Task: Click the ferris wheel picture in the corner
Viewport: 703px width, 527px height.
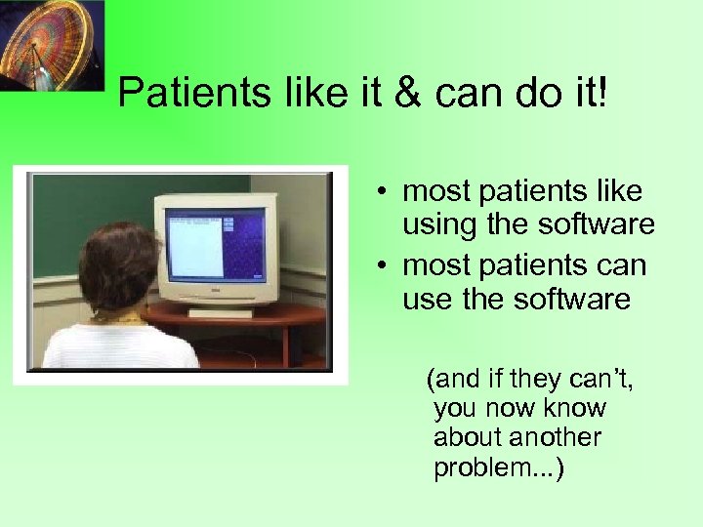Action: click(x=50, y=45)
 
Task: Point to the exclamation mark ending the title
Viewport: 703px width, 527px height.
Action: click(x=601, y=94)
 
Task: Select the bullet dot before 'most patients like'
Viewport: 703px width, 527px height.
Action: click(x=388, y=190)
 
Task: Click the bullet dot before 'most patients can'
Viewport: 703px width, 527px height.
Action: click(x=388, y=265)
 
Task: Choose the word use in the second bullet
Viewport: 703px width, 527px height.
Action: click(x=426, y=300)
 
